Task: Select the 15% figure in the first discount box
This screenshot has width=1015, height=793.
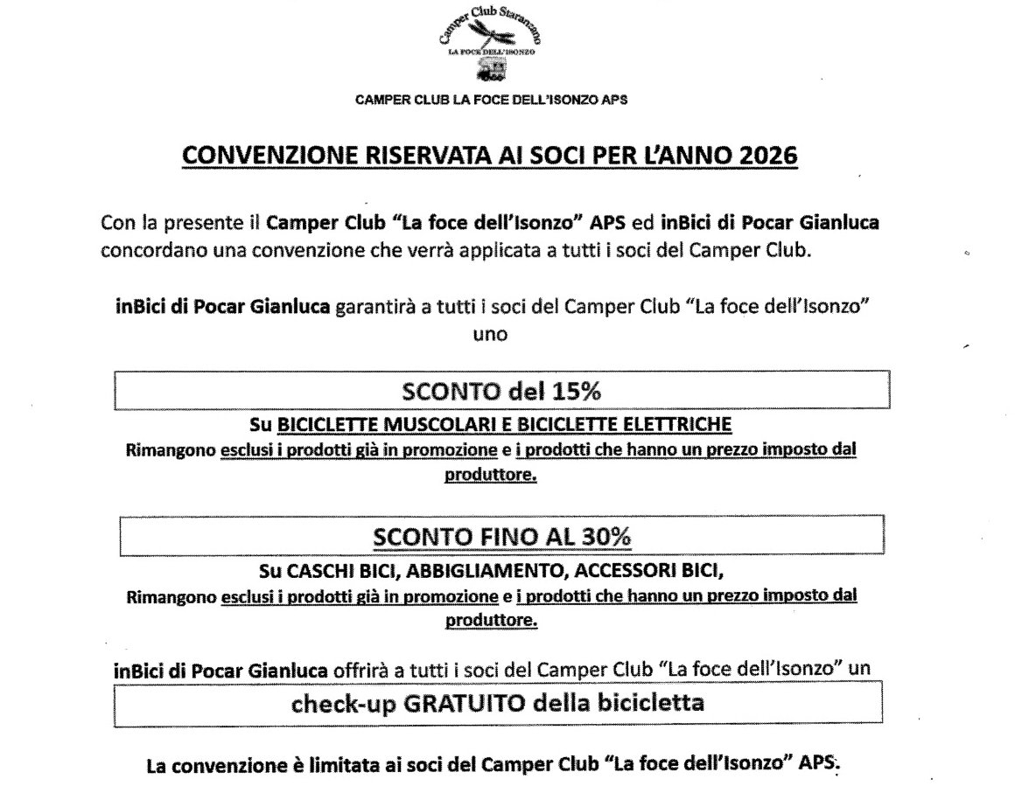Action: (575, 391)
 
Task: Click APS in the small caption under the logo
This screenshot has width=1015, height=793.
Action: (612, 100)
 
